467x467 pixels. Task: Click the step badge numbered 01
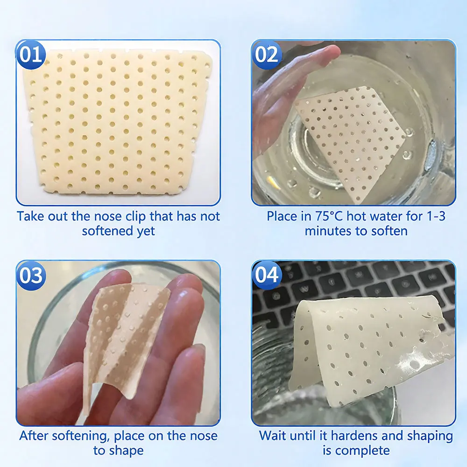click(31, 55)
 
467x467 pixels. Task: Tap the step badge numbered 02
click(267, 55)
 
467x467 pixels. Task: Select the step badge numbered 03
click(31, 276)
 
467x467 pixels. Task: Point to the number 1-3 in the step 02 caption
click(436, 216)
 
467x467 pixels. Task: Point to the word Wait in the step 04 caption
click(273, 436)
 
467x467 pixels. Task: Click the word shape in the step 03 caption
click(126, 451)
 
